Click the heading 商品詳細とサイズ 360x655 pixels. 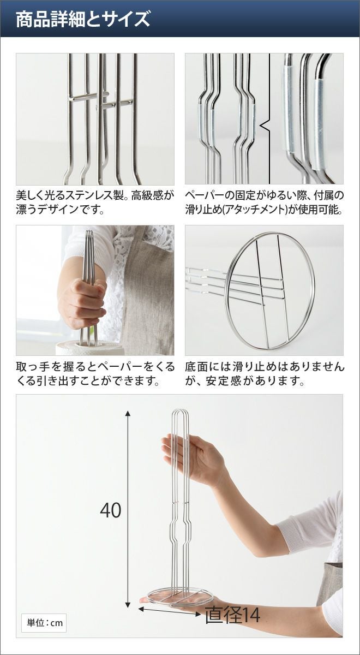click(83, 19)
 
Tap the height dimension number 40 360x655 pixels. click(110, 510)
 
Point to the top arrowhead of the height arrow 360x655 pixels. click(128, 413)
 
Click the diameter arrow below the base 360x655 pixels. click(170, 604)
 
